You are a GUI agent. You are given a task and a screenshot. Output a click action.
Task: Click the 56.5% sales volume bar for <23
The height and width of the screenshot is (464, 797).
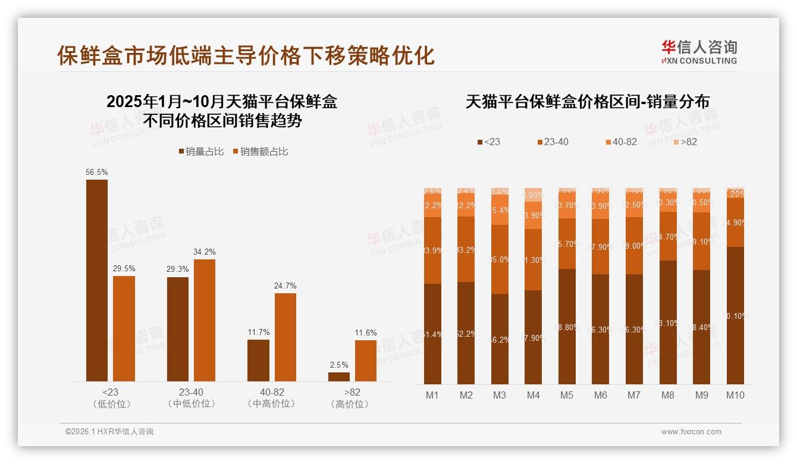click(97, 280)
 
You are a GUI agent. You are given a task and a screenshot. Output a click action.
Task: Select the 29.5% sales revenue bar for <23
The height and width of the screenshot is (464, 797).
click(124, 328)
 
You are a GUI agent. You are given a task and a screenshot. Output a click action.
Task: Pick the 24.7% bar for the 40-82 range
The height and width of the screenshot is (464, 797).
click(285, 337)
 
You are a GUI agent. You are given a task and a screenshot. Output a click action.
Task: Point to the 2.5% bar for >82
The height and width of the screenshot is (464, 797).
click(339, 377)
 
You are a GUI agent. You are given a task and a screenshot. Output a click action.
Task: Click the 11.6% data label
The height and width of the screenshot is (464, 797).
click(366, 333)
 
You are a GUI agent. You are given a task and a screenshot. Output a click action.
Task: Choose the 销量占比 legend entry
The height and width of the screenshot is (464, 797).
click(201, 152)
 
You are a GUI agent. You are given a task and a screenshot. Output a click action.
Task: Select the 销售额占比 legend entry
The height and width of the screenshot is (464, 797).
click(260, 152)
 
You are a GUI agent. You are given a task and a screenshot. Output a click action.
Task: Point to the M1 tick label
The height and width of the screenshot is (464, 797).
click(433, 395)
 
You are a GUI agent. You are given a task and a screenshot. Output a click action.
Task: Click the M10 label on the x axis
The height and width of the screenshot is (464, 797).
click(735, 395)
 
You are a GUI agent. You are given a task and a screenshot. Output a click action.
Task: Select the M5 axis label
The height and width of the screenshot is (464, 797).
click(567, 395)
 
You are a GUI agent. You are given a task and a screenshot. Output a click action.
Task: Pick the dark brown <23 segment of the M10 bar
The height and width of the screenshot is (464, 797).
click(735, 315)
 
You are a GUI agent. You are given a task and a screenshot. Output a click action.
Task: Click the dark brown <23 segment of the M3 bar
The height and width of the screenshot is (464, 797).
click(500, 339)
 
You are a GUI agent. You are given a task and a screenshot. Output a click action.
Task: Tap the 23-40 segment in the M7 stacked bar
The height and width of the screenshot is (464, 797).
click(634, 246)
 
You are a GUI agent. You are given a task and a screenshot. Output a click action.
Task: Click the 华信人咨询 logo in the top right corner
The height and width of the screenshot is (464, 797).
click(699, 51)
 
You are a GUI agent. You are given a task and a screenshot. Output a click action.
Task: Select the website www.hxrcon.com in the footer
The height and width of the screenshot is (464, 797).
click(691, 432)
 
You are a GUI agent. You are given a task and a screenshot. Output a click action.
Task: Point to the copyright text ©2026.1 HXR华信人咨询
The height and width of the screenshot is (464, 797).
click(109, 432)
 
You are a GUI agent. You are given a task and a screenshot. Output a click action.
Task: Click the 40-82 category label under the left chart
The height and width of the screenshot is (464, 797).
click(259, 397)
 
